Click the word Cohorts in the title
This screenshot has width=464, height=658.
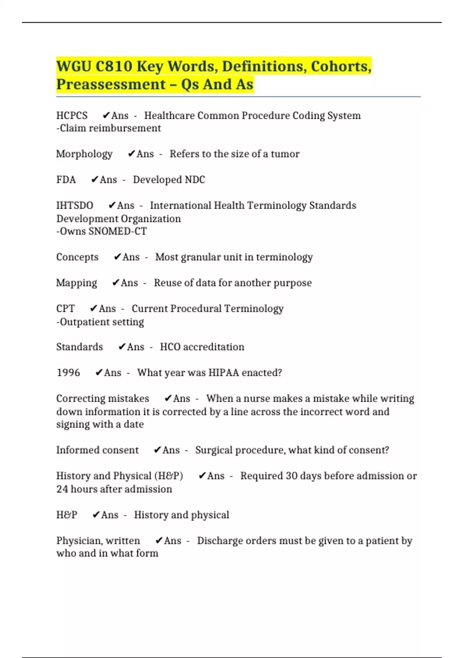pos(341,66)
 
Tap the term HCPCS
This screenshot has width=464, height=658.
pos(72,116)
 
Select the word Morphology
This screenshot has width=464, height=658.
pos(84,154)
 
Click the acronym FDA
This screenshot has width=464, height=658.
pos(66,180)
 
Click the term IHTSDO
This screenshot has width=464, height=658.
pos(75,206)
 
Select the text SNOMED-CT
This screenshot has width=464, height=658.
pos(118,231)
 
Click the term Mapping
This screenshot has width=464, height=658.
pos(77,283)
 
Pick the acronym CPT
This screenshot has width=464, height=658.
pos(65,308)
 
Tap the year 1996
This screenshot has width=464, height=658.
pos(68,373)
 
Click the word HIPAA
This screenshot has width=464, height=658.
pos(223,373)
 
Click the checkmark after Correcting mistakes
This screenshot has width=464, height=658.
pos(168,398)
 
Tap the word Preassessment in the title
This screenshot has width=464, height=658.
pos(111,84)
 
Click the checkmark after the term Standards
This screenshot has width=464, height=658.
pos(122,347)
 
